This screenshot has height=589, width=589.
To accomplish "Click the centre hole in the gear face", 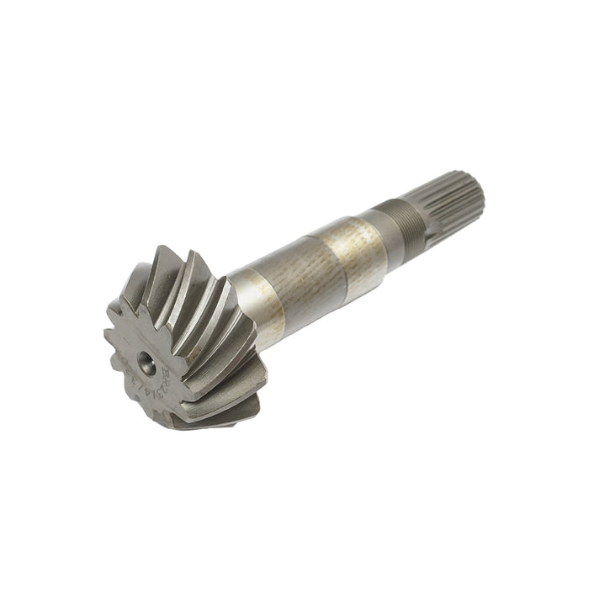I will pyautogui.click(x=146, y=363).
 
